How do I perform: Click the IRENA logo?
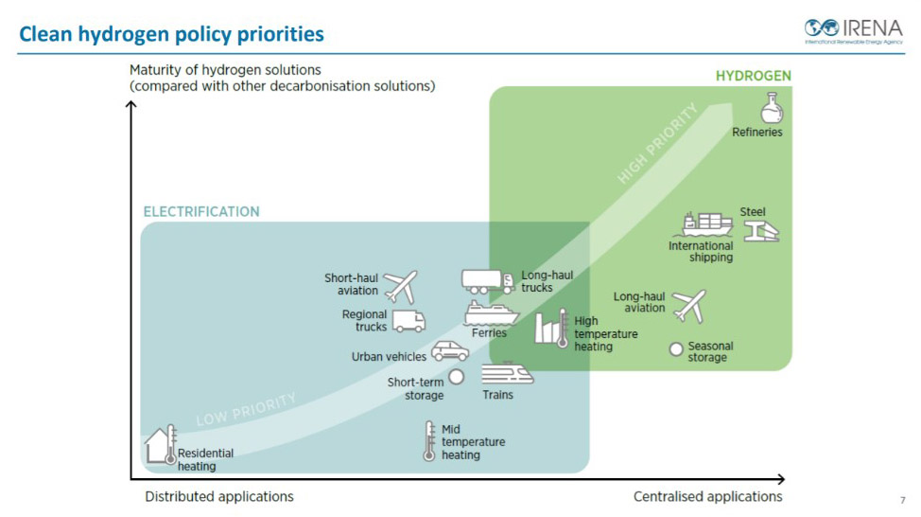coord(854,31)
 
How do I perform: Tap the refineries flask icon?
coord(772,108)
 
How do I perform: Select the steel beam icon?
coord(761,231)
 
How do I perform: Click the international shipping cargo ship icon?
coord(707,224)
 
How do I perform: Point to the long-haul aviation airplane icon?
coord(689,306)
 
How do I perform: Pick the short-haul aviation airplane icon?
coord(401,287)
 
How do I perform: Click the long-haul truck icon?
coord(488,282)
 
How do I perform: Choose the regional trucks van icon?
coord(408,321)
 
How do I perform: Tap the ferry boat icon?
coord(491,313)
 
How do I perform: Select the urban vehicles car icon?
coord(450,351)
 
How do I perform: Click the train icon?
coord(507,373)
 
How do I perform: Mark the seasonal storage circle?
coord(676,349)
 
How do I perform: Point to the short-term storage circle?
coord(457,377)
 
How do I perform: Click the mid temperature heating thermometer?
coord(429,440)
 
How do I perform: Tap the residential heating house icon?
coord(161,445)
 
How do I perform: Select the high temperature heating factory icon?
coord(551,329)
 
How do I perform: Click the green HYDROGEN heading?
coord(753,76)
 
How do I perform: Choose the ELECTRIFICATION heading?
coord(201,212)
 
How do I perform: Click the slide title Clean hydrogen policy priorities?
coord(171,34)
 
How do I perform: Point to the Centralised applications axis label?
coord(708,496)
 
